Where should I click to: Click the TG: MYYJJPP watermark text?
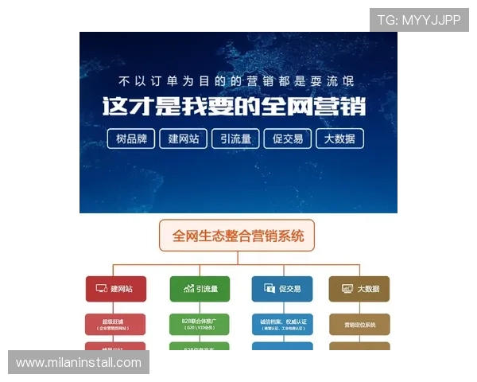(x=419, y=20)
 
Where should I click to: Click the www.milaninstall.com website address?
(x=79, y=362)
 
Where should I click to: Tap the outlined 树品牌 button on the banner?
(x=131, y=138)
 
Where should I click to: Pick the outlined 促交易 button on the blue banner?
(x=287, y=138)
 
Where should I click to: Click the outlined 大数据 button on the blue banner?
(x=339, y=138)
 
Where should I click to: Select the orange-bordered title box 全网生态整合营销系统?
(x=238, y=236)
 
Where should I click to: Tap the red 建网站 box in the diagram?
(x=116, y=289)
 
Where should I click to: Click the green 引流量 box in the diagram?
(x=200, y=289)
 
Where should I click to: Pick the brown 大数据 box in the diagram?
(x=359, y=289)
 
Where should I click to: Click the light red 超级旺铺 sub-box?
(x=116, y=323)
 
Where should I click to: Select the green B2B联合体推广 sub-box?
(x=200, y=323)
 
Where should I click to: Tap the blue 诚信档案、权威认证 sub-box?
(x=282, y=323)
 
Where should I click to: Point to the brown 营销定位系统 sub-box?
(x=359, y=324)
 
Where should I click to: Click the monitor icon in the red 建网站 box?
(x=101, y=289)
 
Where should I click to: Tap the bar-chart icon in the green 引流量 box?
(x=188, y=289)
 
